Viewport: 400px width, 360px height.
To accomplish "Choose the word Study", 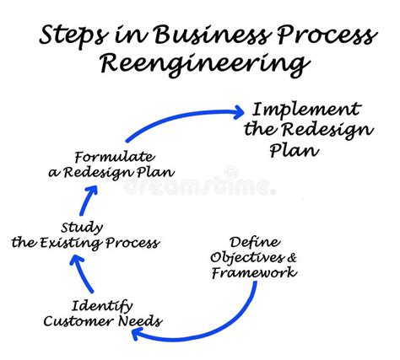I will coord(82,228).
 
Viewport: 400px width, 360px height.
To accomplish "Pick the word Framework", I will coord(253,272).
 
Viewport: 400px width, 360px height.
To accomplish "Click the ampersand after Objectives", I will coord(291,257).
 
